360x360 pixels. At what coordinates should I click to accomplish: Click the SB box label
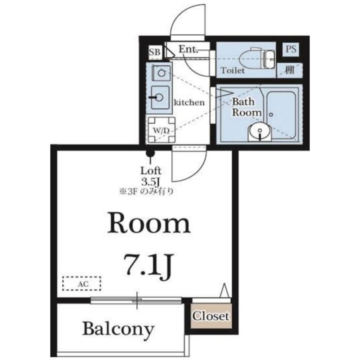click(x=155, y=52)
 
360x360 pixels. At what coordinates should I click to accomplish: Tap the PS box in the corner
click(x=291, y=49)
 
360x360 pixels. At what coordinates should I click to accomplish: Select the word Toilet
click(x=233, y=70)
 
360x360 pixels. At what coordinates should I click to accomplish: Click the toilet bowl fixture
click(x=257, y=58)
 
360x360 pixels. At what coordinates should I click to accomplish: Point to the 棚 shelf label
click(x=289, y=70)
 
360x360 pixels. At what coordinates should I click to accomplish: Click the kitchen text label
click(x=189, y=102)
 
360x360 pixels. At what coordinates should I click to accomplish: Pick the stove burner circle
click(x=161, y=73)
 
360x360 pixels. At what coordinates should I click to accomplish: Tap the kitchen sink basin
click(x=160, y=97)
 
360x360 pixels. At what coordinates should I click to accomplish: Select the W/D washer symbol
click(x=161, y=130)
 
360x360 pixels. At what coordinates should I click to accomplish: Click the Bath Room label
click(x=246, y=107)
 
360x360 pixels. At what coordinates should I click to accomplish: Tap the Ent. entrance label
click(x=188, y=49)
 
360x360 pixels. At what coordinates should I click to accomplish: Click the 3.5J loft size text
click(x=151, y=182)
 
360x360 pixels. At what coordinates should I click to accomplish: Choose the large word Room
click(x=149, y=224)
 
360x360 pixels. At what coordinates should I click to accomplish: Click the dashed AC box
click(x=82, y=284)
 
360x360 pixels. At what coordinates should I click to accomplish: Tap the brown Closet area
click(x=211, y=316)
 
